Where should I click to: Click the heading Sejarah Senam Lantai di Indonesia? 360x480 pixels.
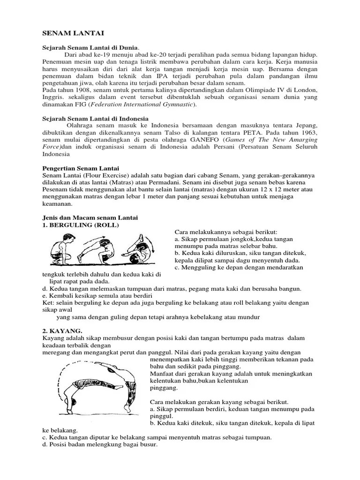96,119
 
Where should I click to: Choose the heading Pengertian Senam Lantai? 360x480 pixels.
81,168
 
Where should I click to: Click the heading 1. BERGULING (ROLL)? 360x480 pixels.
81,225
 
